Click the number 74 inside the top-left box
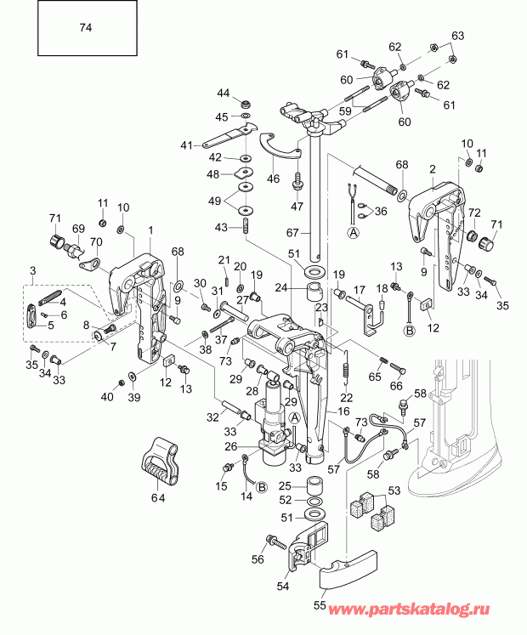tap(85, 28)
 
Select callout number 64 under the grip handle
tap(159, 496)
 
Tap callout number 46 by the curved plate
tap(273, 180)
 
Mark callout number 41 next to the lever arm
tap(186, 145)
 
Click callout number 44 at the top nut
tap(223, 93)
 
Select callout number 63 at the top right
tap(458, 36)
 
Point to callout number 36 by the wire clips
tap(379, 212)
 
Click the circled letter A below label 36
tap(352, 230)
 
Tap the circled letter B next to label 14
tap(261, 487)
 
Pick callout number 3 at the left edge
tap(33, 270)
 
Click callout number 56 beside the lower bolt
tap(258, 558)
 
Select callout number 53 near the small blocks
tap(393, 490)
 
